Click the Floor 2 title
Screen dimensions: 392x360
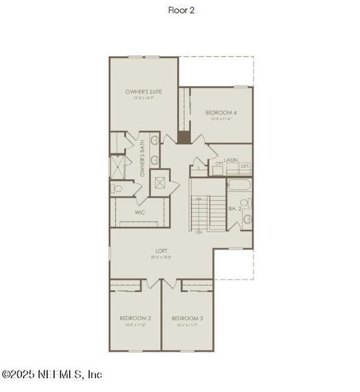(180, 10)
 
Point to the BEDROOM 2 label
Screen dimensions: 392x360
(134, 318)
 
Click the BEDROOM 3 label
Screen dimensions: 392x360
(187, 318)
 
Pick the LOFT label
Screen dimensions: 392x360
(162, 250)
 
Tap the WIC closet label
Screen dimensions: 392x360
(140, 212)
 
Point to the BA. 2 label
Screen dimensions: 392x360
(232, 210)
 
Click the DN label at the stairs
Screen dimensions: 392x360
(199, 231)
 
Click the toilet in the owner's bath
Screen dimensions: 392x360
(116, 189)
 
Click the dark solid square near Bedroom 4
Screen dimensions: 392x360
(185, 137)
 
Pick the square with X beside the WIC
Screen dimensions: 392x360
(159, 182)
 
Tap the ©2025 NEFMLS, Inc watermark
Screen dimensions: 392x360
(52, 374)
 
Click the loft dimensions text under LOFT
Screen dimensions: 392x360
(162, 257)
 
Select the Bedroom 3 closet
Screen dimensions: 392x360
(197, 286)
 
